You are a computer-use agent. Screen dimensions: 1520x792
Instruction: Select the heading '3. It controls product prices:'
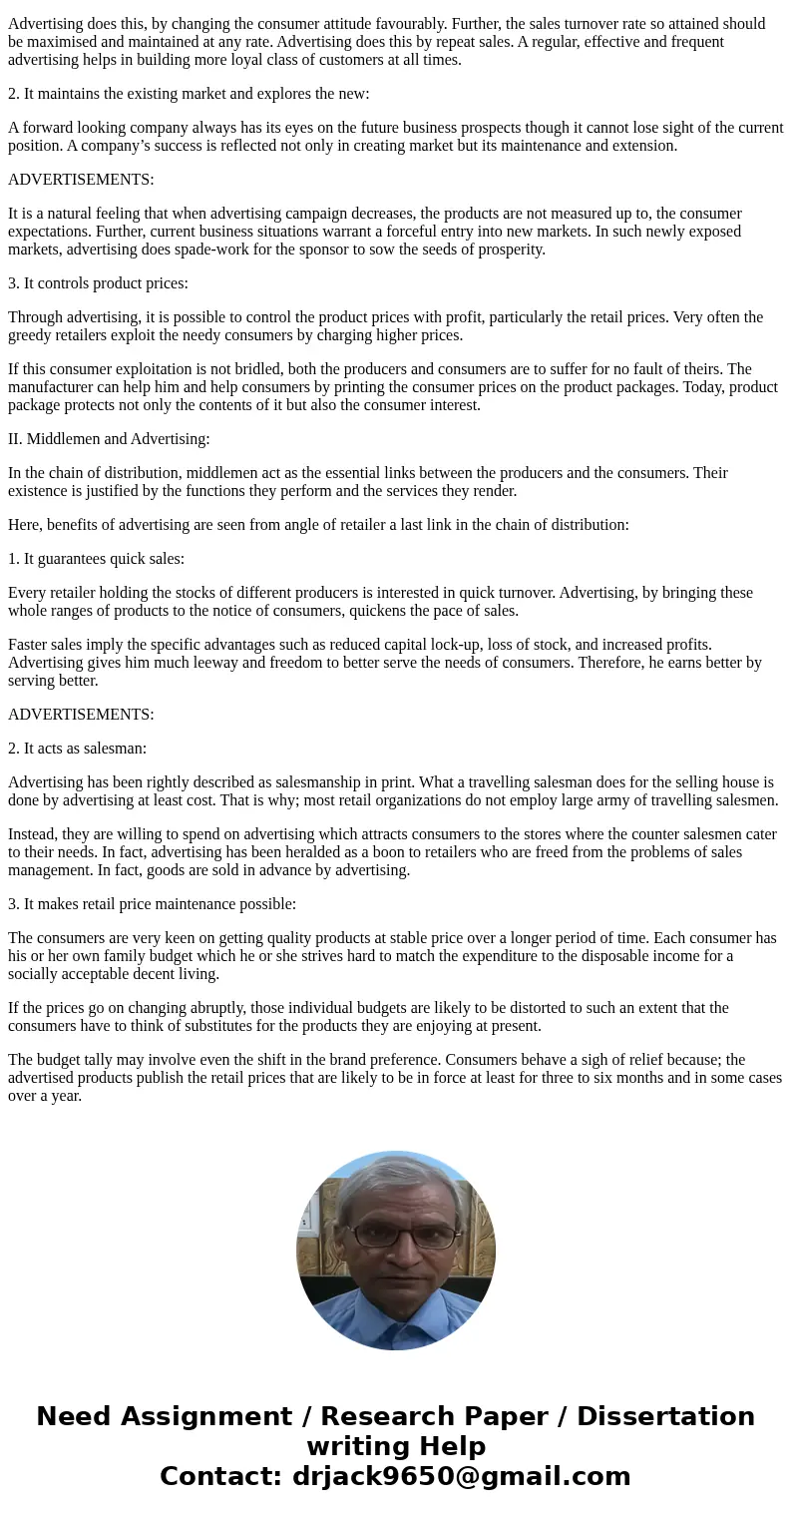tap(98, 283)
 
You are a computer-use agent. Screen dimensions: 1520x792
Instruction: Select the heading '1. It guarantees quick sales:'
tap(96, 559)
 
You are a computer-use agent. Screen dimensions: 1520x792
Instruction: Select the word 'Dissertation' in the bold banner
tap(665, 1417)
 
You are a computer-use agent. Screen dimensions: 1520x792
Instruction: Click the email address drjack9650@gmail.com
tap(461, 1477)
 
